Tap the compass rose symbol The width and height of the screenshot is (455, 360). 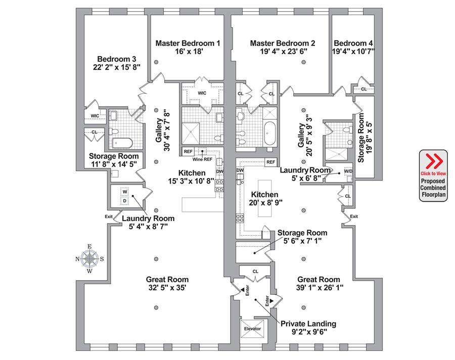pyautogui.click(x=90, y=258)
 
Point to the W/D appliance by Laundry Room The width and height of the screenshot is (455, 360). pyautogui.click(x=348, y=171)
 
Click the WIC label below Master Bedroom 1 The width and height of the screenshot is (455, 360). pyautogui.click(x=202, y=93)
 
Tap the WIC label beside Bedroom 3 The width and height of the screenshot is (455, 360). pyautogui.click(x=95, y=116)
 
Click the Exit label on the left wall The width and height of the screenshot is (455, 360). pyautogui.click(x=109, y=217)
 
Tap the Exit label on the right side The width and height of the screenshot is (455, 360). pyautogui.click(x=354, y=216)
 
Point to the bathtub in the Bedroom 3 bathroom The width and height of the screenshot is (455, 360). pyautogui.click(x=121, y=143)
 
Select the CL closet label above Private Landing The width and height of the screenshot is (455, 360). pyautogui.click(x=255, y=272)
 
